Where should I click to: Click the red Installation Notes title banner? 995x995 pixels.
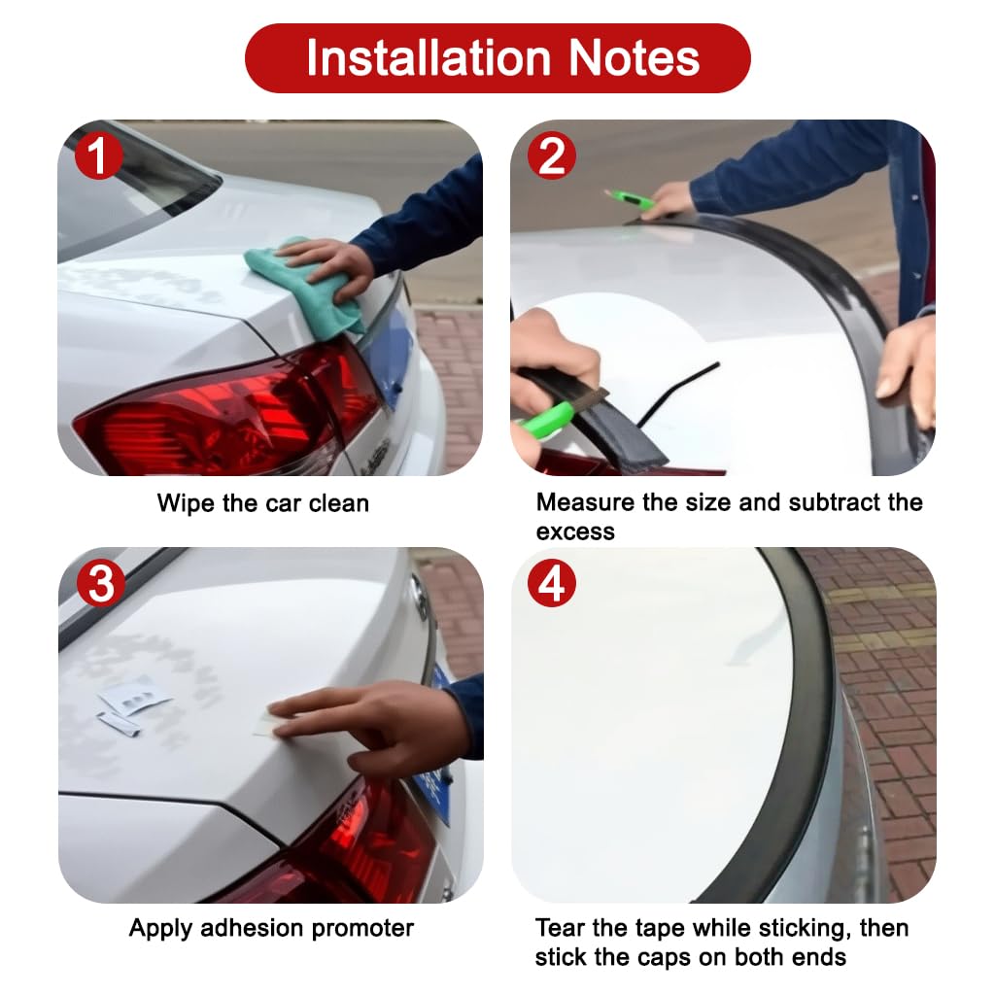(x=497, y=58)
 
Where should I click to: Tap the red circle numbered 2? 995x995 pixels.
(x=551, y=155)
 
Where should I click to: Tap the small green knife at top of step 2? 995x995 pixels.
(x=629, y=200)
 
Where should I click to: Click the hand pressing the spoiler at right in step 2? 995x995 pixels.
(x=909, y=369)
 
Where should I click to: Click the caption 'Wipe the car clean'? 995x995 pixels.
(x=262, y=503)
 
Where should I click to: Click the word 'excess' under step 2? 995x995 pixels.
(x=575, y=532)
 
